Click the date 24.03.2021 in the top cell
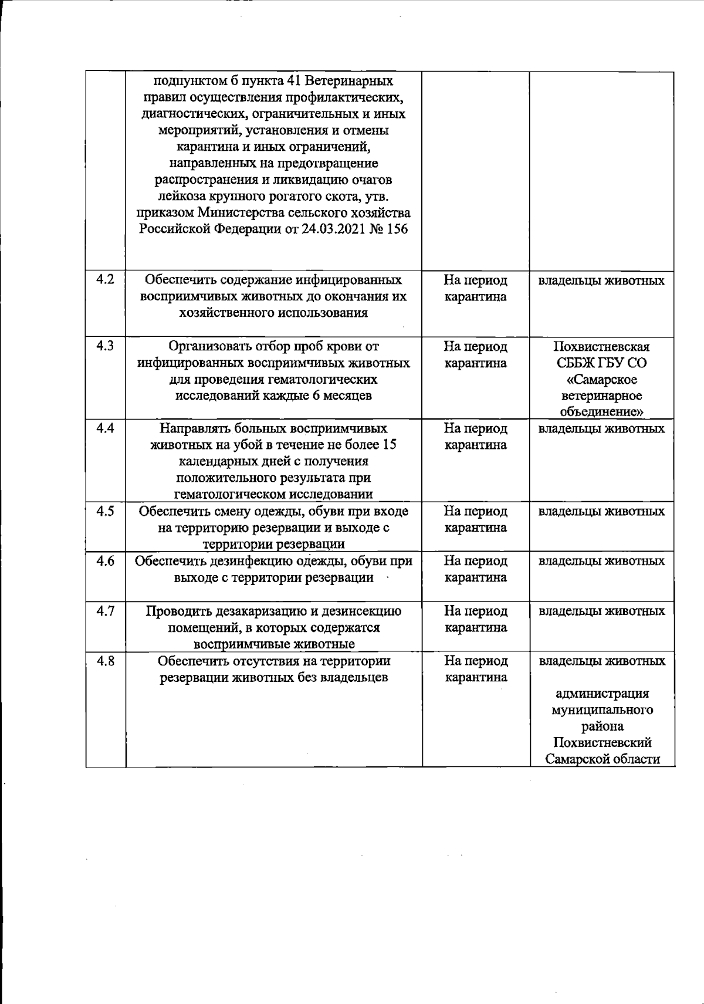tap(335, 229)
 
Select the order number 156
tap(397, 229)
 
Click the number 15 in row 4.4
tap(388, 445)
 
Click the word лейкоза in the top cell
tap(178, 196)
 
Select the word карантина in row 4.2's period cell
tap(475, 296)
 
